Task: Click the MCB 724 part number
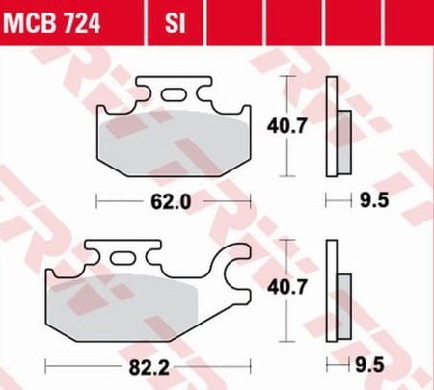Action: point(52,23)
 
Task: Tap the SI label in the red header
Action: point(176,23)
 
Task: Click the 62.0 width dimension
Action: point(171,201)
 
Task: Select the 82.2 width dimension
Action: point(149,367)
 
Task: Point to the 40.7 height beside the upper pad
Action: point(287,126)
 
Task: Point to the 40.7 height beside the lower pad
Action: point(287,287)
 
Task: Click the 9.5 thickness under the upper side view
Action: point(374,200)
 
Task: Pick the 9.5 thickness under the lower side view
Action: point(369,365)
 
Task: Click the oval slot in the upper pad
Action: point(174,94)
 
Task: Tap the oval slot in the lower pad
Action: point(122,258)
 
